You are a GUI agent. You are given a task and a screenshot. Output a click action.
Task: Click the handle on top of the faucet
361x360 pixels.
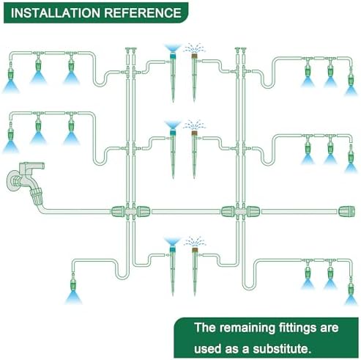coord(32,166)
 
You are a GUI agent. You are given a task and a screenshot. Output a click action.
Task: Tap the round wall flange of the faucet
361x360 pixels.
coord(12,181)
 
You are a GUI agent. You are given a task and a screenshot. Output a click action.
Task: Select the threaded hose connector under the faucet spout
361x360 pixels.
coord(36,195)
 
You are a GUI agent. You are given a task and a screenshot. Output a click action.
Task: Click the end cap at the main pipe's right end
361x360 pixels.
coord(346,211)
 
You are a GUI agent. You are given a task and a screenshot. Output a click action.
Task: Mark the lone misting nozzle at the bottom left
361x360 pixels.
coord(73,284)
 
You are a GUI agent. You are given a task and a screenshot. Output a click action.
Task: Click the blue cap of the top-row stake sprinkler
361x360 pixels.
coord(173,56)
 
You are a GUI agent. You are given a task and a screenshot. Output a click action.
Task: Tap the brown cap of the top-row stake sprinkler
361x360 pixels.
coord(194,56)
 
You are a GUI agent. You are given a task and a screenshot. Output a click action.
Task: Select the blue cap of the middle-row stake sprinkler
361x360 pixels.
coord(173,133)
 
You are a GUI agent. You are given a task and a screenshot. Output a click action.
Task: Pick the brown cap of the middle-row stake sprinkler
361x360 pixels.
coord(194,133)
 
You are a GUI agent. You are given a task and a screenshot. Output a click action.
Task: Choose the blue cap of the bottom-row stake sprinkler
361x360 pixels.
coord(173,249)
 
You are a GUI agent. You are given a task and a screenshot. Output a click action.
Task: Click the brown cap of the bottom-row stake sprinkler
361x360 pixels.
coord(195,249)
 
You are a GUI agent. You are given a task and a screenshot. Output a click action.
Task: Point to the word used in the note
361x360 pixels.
coord(208,348)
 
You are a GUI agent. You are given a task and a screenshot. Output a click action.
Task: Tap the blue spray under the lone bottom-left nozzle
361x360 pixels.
coord(73,298)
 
